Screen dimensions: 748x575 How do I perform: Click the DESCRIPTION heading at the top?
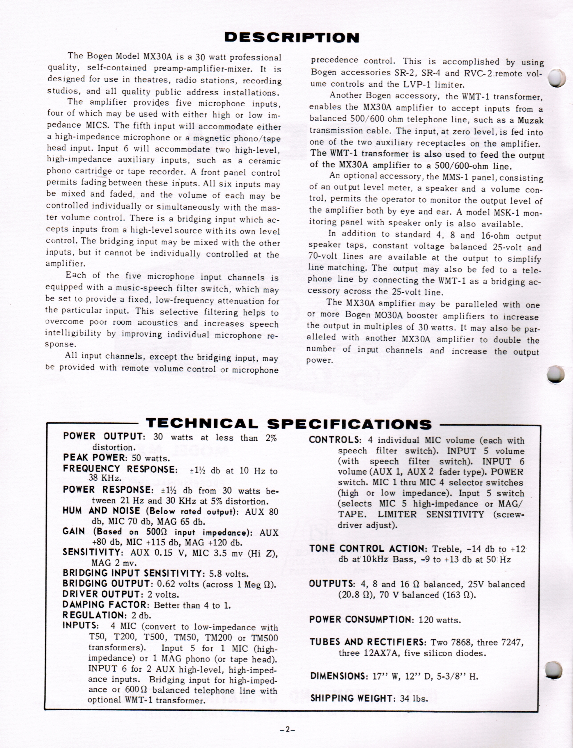[x=292, y=38]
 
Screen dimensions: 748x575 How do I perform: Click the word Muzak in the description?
[x=531, y=120]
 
